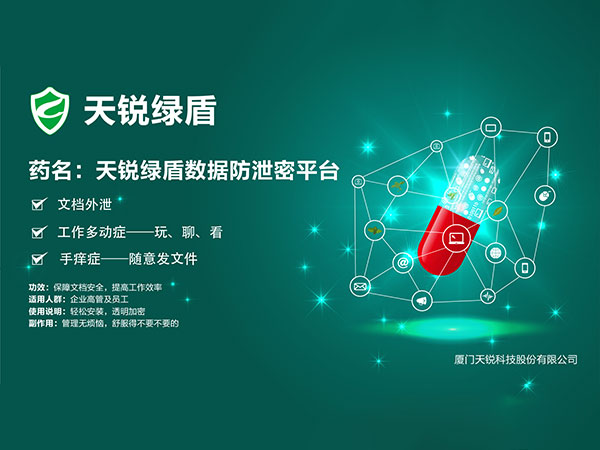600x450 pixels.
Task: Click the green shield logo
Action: point(50,111)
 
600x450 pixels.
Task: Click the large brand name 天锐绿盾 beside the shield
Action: point(150,111)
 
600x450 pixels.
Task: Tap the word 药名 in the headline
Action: point(50,170)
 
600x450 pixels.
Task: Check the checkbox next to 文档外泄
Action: point(39,204)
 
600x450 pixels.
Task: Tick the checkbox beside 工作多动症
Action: point(39,232)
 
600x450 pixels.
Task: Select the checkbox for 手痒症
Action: point(39,259)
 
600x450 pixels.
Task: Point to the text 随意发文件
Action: point(163,259)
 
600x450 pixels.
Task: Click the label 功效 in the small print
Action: point(38,287)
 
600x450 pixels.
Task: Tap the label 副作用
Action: point(42,324)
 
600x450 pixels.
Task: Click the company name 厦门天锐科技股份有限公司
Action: point(515,360)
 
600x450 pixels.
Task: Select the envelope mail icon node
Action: point(360,286)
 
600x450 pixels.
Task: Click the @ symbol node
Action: point(403,262)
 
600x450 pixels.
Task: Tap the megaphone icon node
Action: point(422,301)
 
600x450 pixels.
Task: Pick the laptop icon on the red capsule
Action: point(456,238)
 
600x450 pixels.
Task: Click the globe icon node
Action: point(496,253)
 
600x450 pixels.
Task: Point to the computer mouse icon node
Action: point(545,196)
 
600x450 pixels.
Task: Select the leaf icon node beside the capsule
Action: point(498,210)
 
